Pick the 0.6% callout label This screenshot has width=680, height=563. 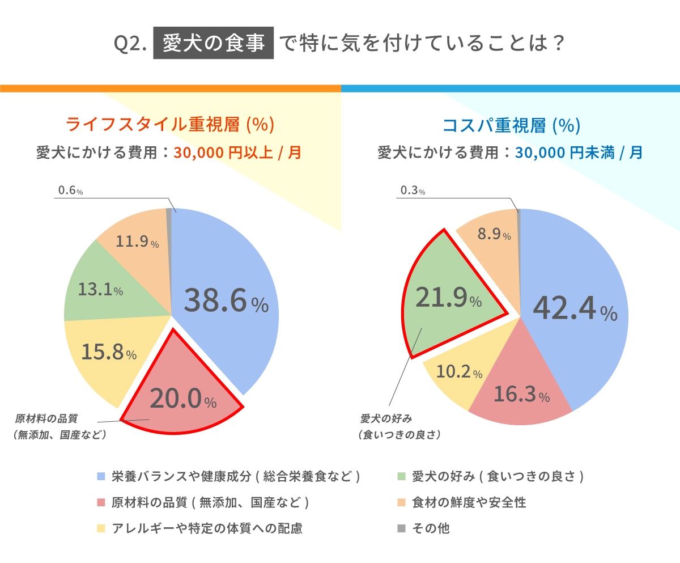coord(70,191)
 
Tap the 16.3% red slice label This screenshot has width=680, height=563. coord(521,395)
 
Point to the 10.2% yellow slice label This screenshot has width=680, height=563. coord(460,372)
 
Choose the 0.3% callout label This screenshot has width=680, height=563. coord(413,191)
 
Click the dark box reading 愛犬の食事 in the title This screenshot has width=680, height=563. coord(214,44)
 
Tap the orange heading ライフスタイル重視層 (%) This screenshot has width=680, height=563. coord(170,124)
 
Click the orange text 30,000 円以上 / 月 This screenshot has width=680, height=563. coord(237,153)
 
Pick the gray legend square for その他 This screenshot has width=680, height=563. coord(401,528)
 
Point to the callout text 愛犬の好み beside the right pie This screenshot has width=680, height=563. coord(385,418)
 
